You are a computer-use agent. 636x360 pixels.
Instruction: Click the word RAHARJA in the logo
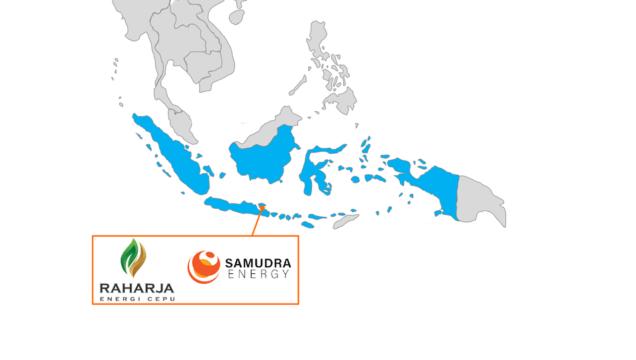click(136, 288)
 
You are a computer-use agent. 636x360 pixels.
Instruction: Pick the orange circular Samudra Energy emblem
click(204, 267)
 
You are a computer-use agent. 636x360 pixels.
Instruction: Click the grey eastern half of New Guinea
click(480, 199)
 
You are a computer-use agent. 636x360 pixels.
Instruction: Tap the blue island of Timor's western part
click(338, 216)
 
